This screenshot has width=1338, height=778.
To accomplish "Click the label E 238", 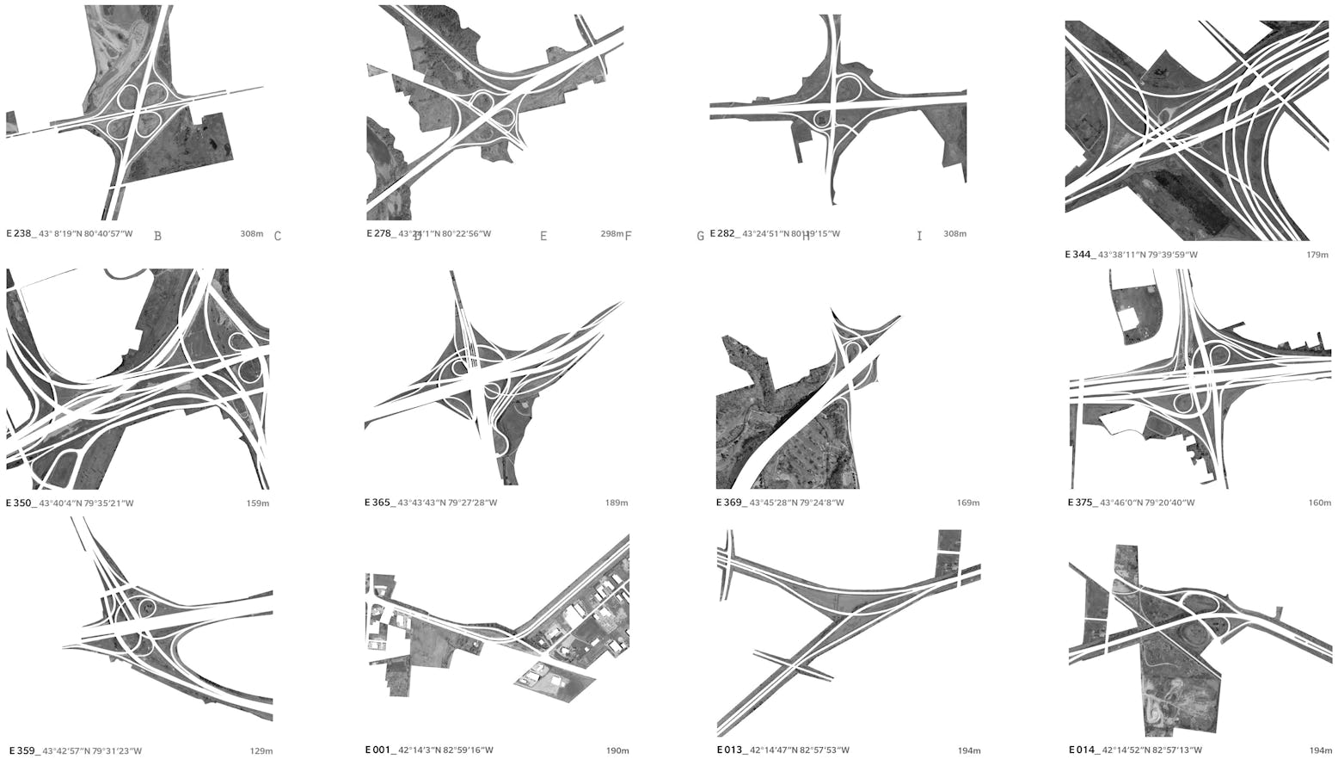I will click(20, 233).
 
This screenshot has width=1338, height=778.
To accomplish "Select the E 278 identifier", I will click(380, 233).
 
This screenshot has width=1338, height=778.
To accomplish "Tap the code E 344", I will click(1079, 255).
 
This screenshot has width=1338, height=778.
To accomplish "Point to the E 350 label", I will click(20, 503).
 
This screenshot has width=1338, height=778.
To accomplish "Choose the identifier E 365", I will click(378, 503).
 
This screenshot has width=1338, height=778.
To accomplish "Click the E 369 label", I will click(730, 503).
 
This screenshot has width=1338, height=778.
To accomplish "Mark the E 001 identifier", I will click(378, 750).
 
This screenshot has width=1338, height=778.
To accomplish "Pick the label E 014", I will click(1083, 750).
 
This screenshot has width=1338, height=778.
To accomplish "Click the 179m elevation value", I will click(1317, 255).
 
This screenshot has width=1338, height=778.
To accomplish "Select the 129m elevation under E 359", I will click(261, 751).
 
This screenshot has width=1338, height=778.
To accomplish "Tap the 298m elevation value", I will click(611, 234).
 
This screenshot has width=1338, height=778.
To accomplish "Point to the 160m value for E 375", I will click(1319, 503).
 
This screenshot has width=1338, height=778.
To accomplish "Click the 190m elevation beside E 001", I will click(617, 750).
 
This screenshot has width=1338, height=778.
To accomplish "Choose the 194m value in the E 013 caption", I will click(969, 750).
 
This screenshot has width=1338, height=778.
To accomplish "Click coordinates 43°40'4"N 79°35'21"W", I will click(86, 503).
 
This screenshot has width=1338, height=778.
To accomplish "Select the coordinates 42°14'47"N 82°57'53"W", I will click(799, 750).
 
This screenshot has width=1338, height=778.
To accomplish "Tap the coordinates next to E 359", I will click(92, 751).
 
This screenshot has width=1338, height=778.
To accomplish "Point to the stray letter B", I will click(157, 236).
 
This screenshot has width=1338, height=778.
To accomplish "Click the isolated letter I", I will click(919, 236).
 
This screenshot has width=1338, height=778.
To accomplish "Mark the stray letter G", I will click(700, 236).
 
